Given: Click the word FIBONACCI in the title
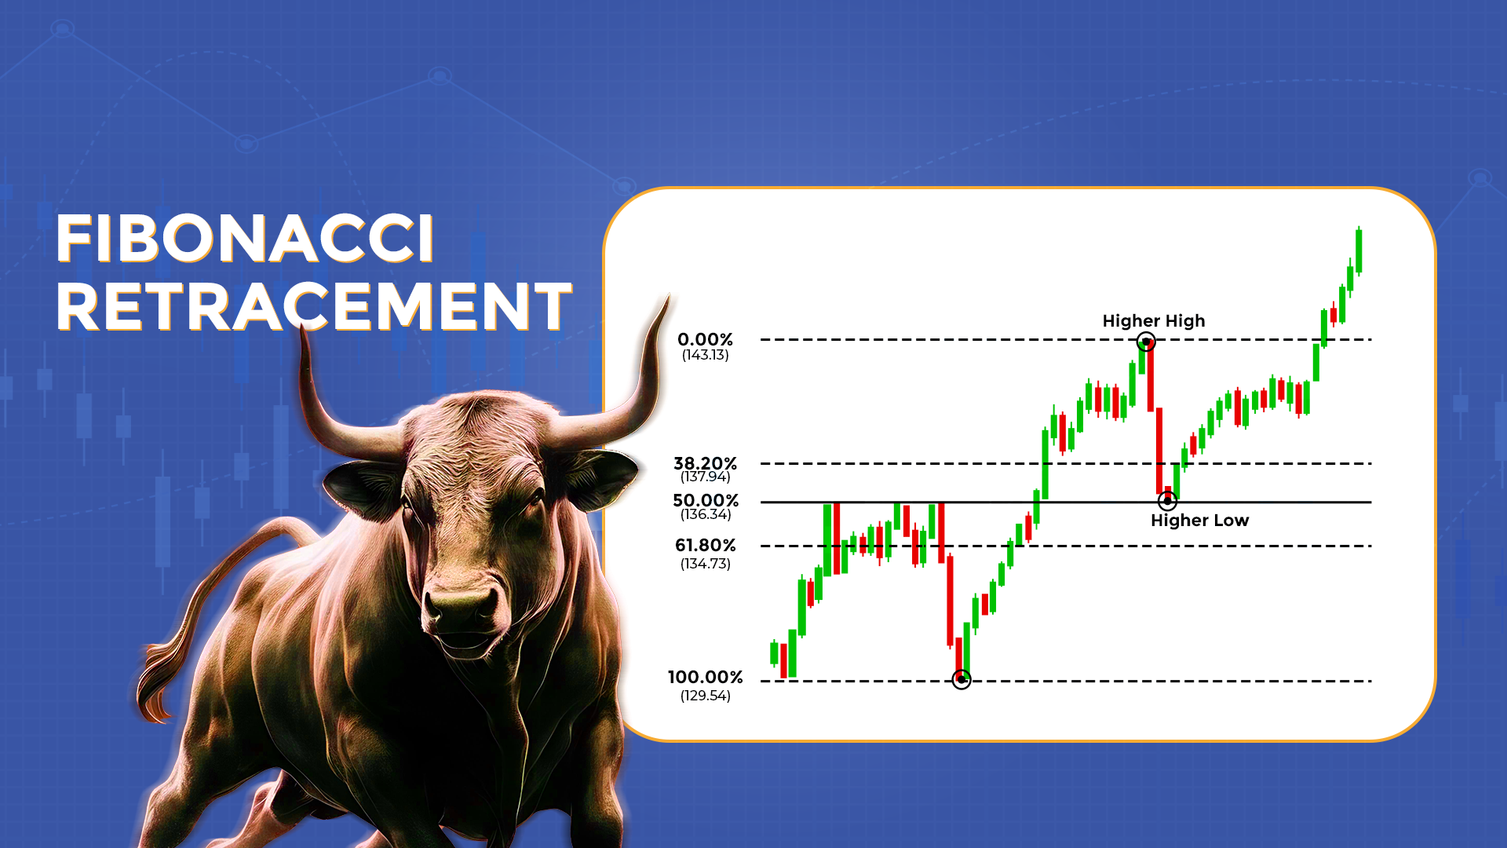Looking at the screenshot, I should click(x=245, y=239).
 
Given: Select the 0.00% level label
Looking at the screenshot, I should click(x=705, y=339).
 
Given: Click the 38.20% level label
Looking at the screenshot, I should click(x=705, y=463).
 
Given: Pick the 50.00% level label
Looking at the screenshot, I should click(x=706, y=500).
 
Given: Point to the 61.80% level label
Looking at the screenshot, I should click(x=706, y=545).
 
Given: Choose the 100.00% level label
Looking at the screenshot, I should click(x=705, y=677).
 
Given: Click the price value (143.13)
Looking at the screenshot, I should click(x=705, y=355).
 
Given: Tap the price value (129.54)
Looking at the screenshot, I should click(x=705, y=696).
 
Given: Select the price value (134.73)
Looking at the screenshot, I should click(x=705, y=564).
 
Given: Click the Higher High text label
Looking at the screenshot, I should click(x=1153, y=320).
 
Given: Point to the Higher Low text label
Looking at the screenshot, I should click(x=1199, y=520).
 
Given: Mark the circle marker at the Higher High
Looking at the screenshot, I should click(x=1146, y=342).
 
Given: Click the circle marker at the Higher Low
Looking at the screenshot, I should click(x=1167, y=500).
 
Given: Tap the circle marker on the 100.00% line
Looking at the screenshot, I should click(x=961, y=679).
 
